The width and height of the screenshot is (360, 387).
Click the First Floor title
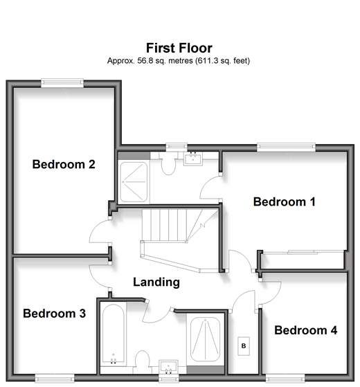179,48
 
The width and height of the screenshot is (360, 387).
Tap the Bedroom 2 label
64,164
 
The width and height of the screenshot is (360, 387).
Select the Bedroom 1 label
285,202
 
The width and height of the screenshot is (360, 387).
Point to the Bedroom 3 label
54,314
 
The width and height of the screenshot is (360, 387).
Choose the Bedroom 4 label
306,330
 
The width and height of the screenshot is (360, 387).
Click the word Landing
156,282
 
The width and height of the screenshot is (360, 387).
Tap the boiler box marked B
244,345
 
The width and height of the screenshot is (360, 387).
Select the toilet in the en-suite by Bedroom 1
168,163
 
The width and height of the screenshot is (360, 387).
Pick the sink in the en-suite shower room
193,159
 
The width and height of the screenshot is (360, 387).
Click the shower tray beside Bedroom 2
134,181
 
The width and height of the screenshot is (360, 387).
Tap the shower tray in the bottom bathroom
206,340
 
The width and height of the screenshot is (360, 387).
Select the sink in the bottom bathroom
168,367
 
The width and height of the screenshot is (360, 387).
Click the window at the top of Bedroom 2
62,83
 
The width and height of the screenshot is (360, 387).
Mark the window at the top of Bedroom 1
286,147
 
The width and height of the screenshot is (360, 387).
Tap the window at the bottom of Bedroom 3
55,379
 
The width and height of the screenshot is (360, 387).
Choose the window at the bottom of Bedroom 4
285,379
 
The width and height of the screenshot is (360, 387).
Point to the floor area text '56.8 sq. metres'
165,61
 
